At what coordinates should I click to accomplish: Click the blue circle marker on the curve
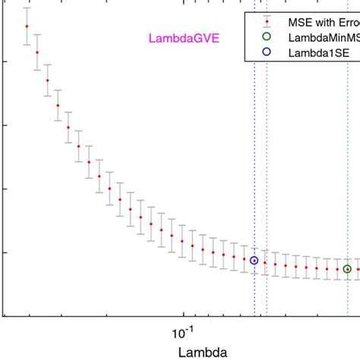[x=254, y=261]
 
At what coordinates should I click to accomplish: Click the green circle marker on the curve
[x=347, y=269]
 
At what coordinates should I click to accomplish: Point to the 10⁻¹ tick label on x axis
[x=182, y=332]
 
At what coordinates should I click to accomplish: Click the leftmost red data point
[x=27, y=26]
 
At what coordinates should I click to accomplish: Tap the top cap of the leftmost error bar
[x=27, y=8]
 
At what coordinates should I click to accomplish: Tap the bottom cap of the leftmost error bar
[x=27, y=44]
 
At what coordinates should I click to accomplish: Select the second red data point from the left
[x=37, y=52]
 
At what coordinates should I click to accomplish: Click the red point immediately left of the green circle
[x=337, y=269]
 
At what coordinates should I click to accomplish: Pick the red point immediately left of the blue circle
[x=244, y=258]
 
